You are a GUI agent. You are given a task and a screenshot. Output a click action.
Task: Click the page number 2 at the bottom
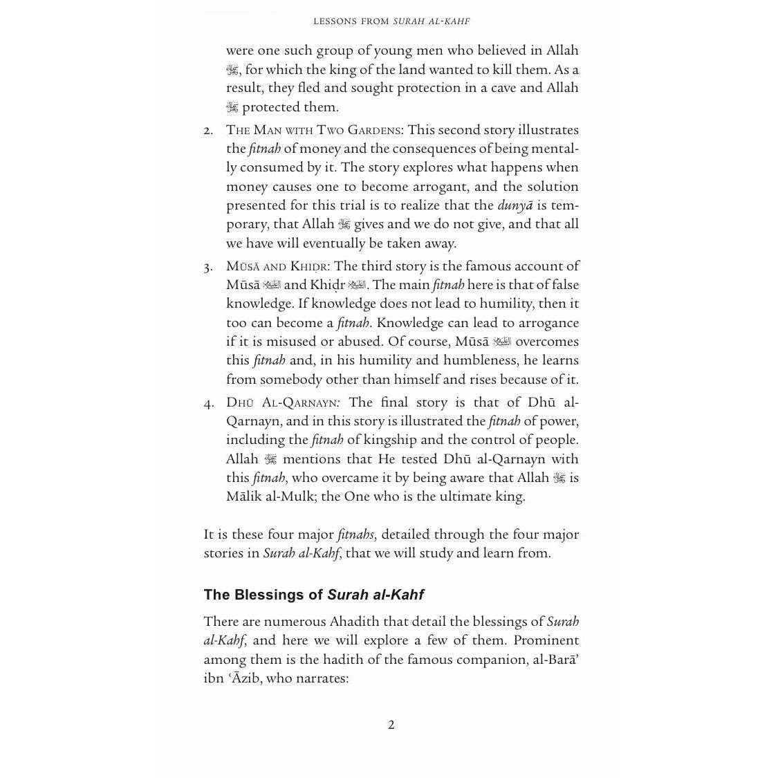pos(391,725)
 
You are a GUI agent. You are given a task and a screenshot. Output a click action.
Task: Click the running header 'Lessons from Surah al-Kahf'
pos(391,21)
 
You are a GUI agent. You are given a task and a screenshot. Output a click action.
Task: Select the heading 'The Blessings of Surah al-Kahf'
pos(313,595)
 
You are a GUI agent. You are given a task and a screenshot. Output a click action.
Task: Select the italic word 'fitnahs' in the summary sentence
pos(356,535)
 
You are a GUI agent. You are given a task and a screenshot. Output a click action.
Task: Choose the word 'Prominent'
pos(546,640)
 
